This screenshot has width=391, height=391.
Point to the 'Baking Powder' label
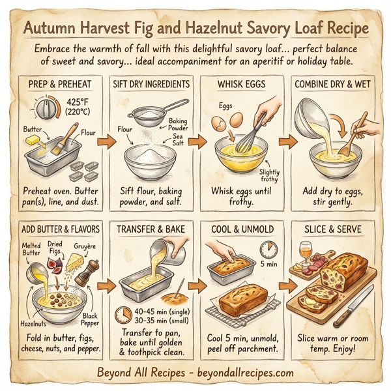177,124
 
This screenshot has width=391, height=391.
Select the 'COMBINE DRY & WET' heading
332,85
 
